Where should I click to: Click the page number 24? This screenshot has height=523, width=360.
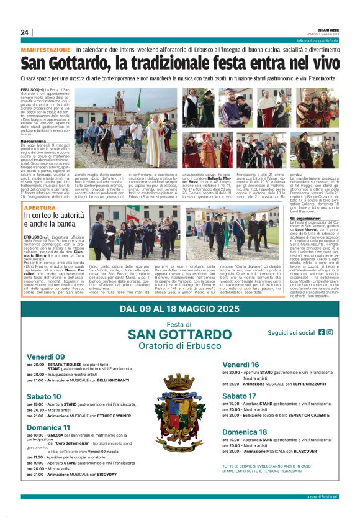(x=24, y=32)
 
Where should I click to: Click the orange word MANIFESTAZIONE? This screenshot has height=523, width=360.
(x=46, y=49)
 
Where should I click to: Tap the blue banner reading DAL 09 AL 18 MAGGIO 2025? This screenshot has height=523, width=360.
(x=179, y=309)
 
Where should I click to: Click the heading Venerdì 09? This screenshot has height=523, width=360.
(x=45, y=357)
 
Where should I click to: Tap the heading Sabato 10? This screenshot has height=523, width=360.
(x=44, y=396)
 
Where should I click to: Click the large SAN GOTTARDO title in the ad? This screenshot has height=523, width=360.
(x=179, y=335)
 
